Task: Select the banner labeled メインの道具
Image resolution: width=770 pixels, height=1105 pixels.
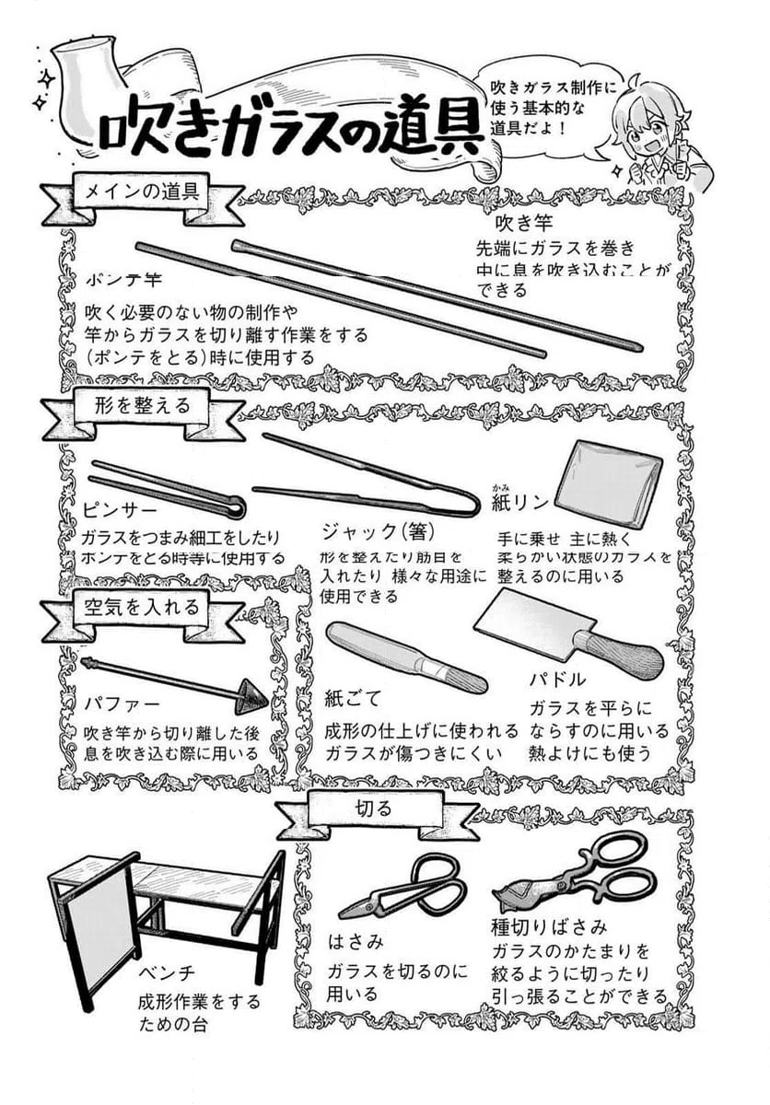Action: click(x=143, y=194)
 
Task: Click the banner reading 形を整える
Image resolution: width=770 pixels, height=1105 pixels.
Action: click(x=143, y=404)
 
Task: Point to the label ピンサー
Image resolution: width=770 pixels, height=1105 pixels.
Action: click(x=120, y=508)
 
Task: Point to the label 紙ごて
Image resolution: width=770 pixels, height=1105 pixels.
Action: click(x=352, y=698)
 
